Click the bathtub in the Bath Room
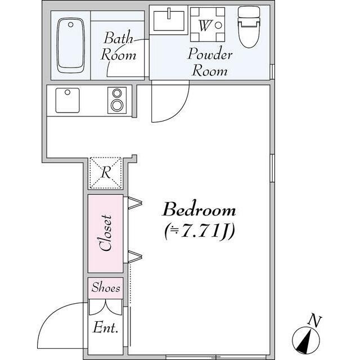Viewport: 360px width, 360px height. [70, 46]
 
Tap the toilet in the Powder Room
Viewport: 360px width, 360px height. [249, 27]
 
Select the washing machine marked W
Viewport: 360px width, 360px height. [208, 25]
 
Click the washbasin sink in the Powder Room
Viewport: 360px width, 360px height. [169, 21]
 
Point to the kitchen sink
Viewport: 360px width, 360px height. [67, 100]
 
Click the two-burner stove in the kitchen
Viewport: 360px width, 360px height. [117, 100]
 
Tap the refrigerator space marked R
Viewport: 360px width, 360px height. [106, 173]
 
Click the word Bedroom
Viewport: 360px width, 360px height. [199, 209]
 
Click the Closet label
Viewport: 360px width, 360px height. [105, 233]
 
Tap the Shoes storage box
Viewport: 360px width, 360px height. [106, 288]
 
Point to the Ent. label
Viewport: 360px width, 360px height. [106, 327]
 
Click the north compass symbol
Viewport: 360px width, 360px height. [306, 340]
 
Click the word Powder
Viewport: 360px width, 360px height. [210, 54]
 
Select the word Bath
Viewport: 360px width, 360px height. [119, 38]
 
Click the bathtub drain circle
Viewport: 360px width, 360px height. [71, 25]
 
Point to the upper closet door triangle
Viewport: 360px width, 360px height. [135, 203]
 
